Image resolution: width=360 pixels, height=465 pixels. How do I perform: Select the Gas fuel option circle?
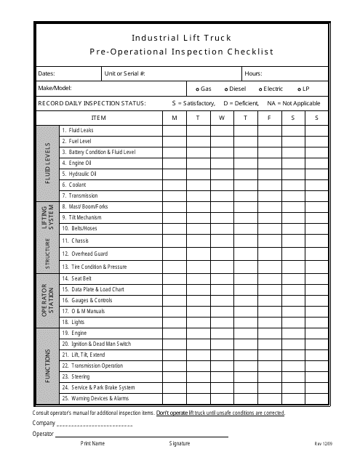(198, 89)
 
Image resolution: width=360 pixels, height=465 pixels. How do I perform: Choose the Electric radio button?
(260, 89)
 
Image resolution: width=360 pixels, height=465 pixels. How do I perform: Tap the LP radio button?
(299, 89)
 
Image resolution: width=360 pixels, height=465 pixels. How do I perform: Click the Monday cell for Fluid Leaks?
(174, 130)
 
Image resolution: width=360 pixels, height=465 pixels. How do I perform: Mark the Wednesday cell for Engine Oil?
(221, 163)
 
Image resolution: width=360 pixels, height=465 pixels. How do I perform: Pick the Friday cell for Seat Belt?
(269, 278)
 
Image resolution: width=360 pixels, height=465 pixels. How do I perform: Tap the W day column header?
(221, 117)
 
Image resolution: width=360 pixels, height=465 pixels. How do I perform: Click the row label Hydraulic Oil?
(79, 174)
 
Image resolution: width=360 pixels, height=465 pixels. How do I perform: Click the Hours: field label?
(253, 73)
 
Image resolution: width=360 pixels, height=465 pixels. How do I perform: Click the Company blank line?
(94, 424)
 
